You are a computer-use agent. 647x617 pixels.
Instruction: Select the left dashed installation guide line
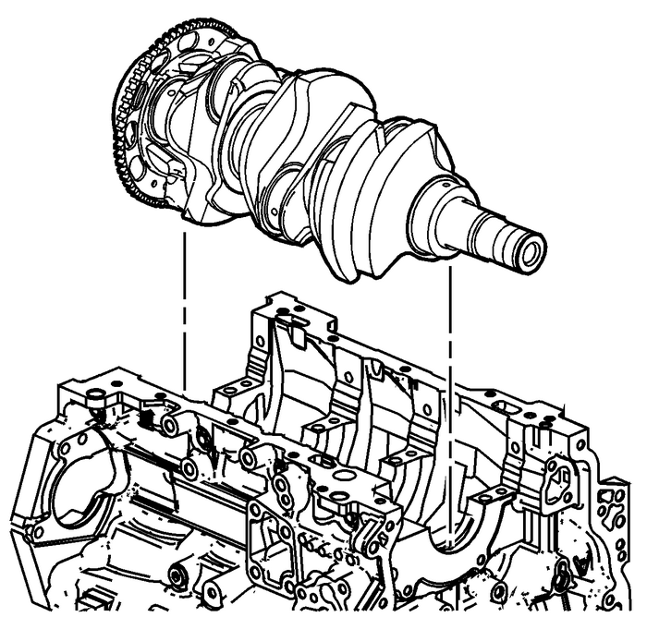[186, 305]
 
